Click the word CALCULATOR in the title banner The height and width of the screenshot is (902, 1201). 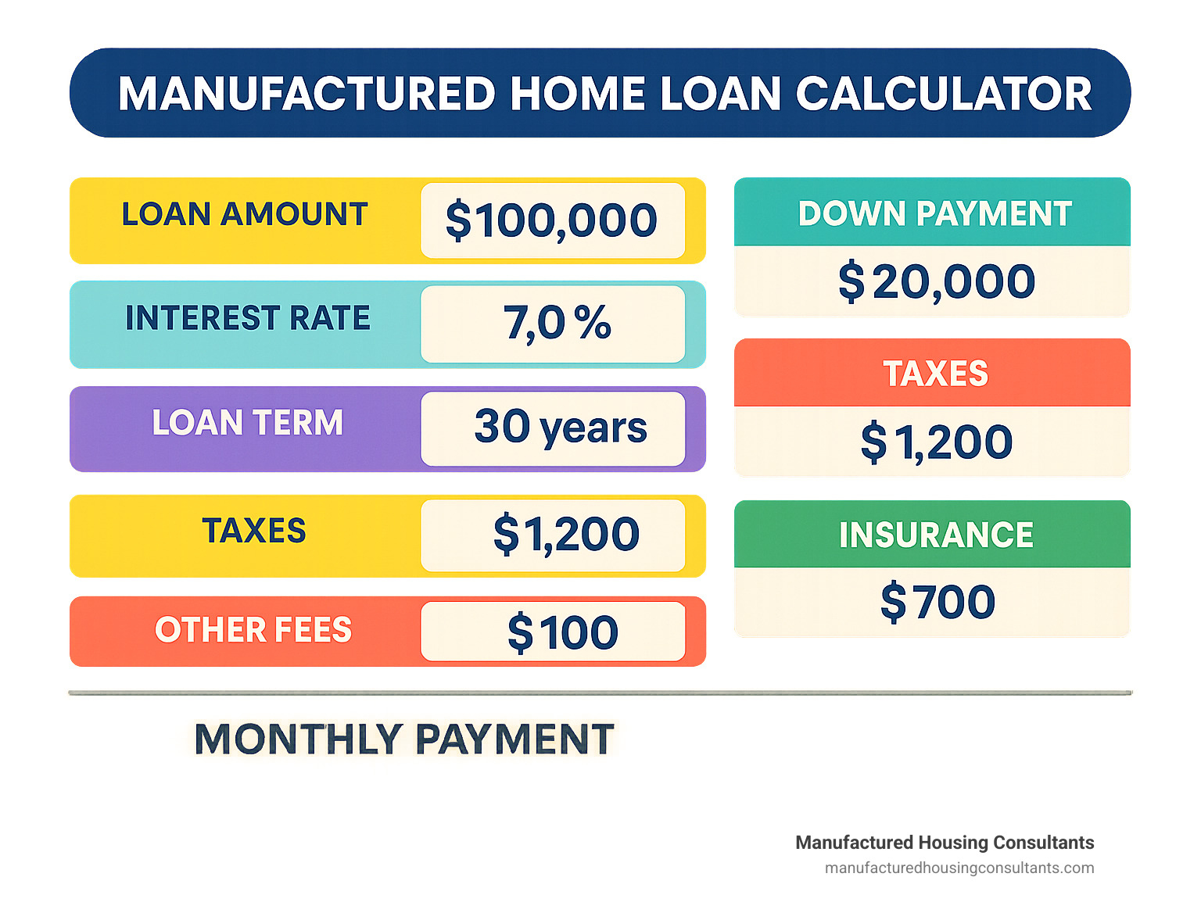(943, 94)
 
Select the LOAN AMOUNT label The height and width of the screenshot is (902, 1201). (245, 213)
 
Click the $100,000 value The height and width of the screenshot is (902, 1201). (551, 220)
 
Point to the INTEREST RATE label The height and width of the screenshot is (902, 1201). (248, 318)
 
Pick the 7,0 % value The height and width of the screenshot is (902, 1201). (557, 324)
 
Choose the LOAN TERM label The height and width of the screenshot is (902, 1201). (247, 422)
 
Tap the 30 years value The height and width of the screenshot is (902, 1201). (561, 428)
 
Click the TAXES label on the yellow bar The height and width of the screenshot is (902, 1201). (254, 530)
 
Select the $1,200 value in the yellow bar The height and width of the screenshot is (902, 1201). (566, 534)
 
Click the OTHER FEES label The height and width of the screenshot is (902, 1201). (253, 629)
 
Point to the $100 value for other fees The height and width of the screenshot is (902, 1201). (563, 633)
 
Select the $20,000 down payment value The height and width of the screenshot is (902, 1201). (937, 281)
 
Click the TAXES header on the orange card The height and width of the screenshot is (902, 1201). (936, 374)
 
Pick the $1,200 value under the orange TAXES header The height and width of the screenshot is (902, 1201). (937, 442)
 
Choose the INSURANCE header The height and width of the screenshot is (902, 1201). (936, 535)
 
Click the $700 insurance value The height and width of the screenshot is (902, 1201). (937, 602)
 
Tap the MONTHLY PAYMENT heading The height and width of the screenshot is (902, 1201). (404, 739)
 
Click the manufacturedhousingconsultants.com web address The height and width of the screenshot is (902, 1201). (959, 868)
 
